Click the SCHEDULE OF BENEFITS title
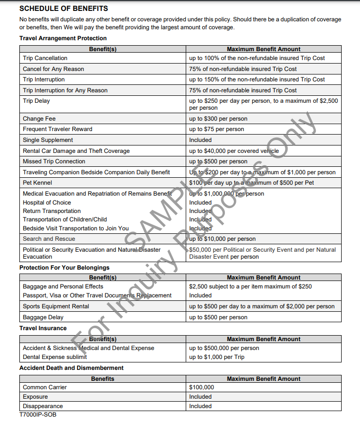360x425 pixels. pos(64,9)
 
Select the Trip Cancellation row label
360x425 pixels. pos(45,58)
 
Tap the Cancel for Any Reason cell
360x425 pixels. pos(53,69)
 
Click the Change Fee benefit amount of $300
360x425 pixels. pos(218,119)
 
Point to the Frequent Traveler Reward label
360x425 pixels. pos(57,129)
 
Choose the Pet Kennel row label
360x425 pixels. pos(37,183)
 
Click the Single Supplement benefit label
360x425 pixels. pos(48,140)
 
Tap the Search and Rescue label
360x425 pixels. pos(49,239)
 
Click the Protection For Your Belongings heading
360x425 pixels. pos(64,268)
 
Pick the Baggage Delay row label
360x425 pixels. pos(43,317)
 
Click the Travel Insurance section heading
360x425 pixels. pos(43,328)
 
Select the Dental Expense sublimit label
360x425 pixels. pos(55,357)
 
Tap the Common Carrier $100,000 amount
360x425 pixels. pos(202,387)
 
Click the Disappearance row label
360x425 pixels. pos(43,406)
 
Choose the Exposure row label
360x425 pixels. pos(35,397)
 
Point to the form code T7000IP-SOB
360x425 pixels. pos(38,415)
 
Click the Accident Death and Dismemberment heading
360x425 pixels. pos(71,368)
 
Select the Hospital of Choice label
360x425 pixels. pos(47,203)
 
